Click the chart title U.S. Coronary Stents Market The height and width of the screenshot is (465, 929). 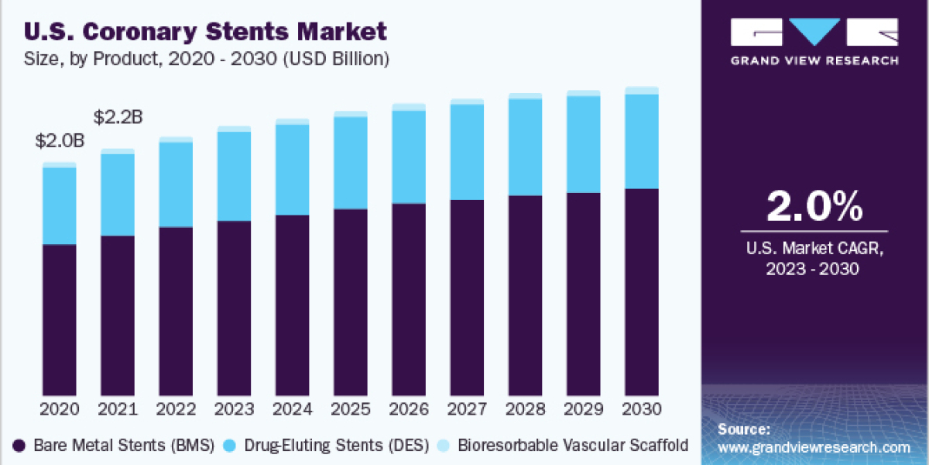click(x=205, y=32)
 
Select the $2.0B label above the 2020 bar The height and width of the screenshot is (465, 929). click(x=59, y=141)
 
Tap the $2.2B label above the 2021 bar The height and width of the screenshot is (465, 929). click(x=118, y=118)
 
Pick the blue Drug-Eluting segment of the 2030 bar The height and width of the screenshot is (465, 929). click(x=642, y=141)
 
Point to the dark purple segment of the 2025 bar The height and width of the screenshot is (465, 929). click(x=351, y=302)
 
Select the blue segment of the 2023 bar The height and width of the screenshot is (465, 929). click(x=234, y=176)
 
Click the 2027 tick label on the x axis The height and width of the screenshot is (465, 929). click(x=467, y=408)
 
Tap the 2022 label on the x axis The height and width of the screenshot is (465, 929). click(x=176, y=408)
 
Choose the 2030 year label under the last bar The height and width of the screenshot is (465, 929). click(x=642, y=408)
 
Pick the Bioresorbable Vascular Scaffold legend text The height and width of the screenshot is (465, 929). click(x=573, y=446)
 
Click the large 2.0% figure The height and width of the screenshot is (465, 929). click(x=814, y=207)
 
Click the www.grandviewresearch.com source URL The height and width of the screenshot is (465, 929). click(x=814, y=447)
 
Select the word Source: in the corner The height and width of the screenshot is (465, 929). click(x=743, y=429)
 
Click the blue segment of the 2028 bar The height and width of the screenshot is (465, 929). click(x=526, y=147)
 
